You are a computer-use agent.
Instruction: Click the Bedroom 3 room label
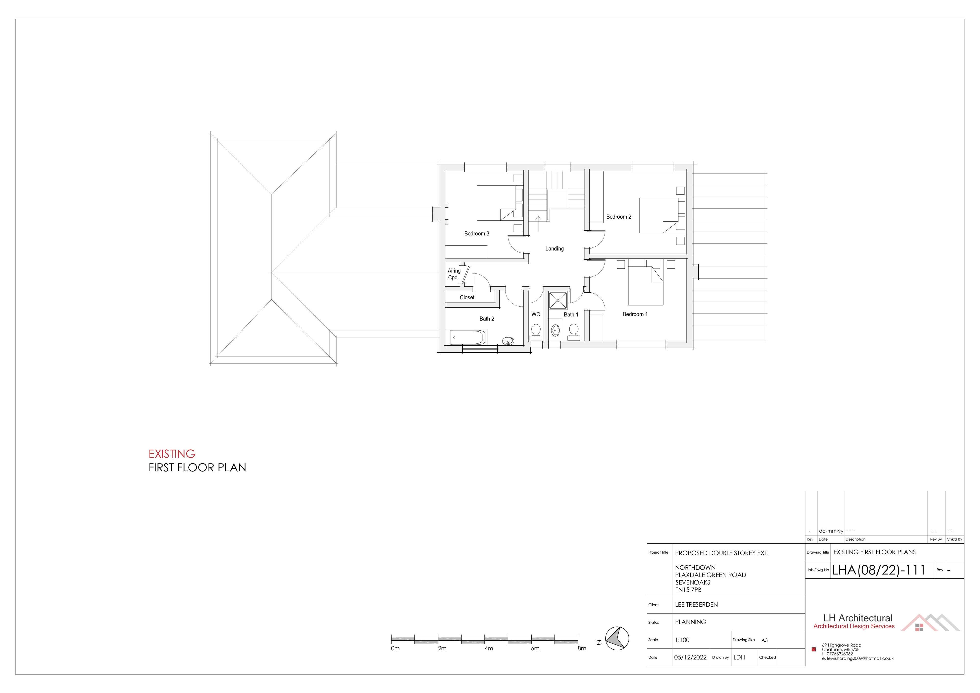click(477, 234)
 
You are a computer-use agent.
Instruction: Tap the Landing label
click(555, 248)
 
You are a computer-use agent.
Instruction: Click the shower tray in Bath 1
click(558, 300)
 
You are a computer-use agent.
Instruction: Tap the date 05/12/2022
click(690, 657)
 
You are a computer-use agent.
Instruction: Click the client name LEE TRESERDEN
click(696, 605)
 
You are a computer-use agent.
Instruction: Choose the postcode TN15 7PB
click(688, 590)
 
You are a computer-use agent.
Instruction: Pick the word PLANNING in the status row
click(691, 622)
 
